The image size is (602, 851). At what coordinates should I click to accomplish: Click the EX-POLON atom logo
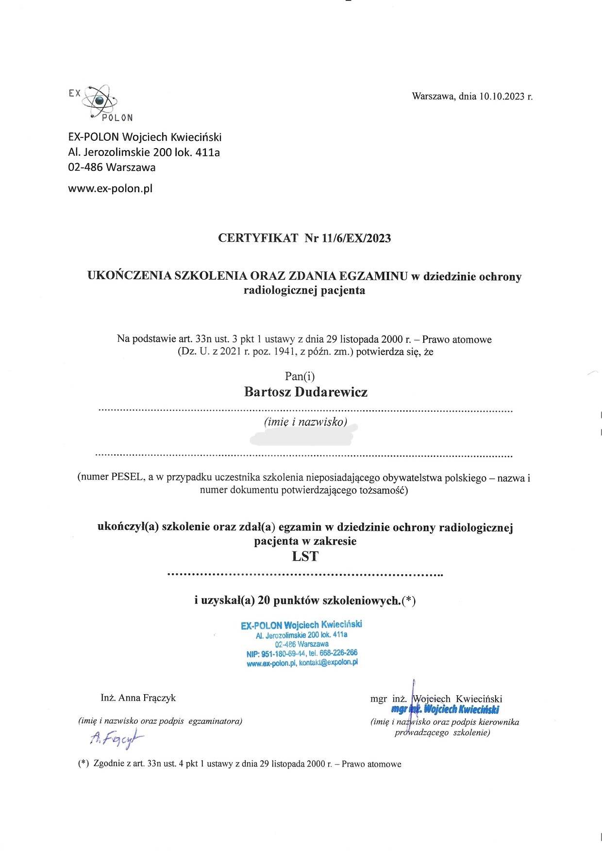pos(100,101)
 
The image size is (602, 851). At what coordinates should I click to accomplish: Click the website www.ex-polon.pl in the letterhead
pos(110,189)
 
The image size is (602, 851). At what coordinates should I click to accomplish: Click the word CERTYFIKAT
pos(258,238)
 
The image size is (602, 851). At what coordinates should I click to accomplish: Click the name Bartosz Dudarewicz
pos(305,392)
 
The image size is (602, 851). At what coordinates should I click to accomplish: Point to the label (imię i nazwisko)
pos(305,422)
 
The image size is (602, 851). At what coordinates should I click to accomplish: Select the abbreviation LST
pos(305,556)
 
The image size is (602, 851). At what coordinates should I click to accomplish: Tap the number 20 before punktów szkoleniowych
pos(264,601)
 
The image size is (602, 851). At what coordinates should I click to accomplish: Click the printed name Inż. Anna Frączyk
pos(138,698)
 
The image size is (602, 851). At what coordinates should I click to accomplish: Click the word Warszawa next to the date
pos(434,96)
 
